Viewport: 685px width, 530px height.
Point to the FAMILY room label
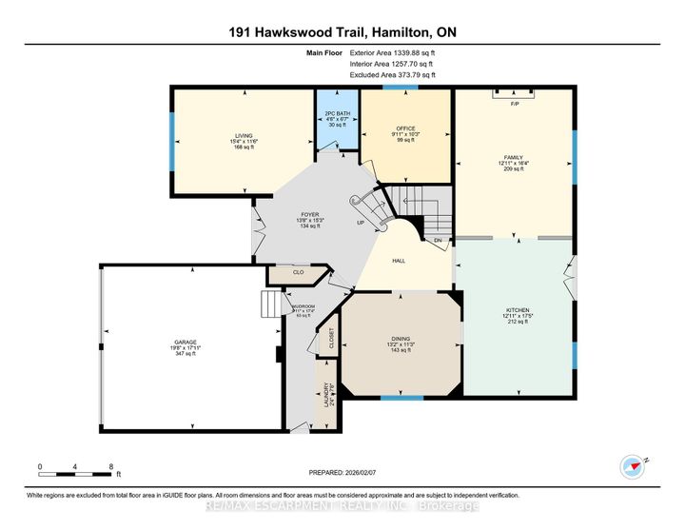tap(514, 157)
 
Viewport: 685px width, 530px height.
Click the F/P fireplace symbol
tap(514, 103)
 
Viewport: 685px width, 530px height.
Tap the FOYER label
tap(309, 214)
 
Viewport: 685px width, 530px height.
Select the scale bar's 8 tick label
tap(112, 466)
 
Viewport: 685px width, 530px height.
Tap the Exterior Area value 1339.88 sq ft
tap(407, 54)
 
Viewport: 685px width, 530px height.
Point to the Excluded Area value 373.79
tap(407, 73)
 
